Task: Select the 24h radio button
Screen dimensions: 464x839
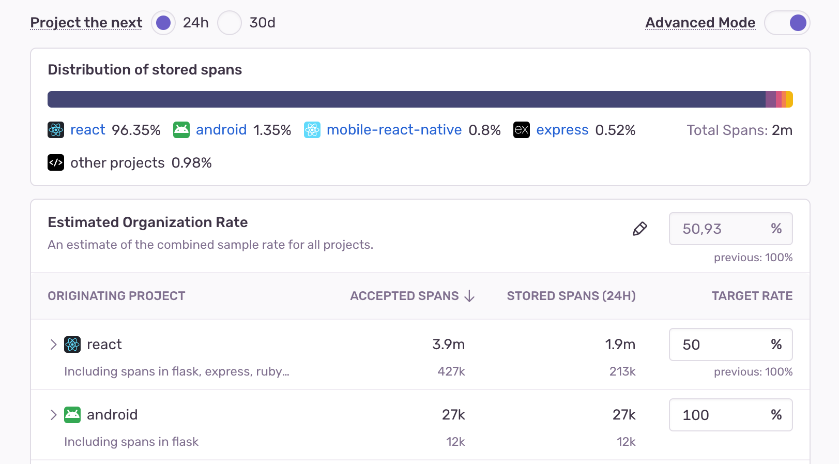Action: tap(163, 23)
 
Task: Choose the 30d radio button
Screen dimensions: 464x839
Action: tap(230, 23)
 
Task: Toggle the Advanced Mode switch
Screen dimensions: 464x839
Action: tap(787, 23)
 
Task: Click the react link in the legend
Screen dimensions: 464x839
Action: tap(87, 130)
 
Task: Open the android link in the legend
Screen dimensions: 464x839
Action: tap(221, 130)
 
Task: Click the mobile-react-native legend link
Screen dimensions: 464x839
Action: tap(394, 130)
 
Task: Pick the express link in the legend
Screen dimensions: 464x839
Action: tap(562, 130)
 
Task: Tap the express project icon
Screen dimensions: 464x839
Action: tap(521, 130)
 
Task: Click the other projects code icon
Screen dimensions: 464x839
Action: tap(56, 162)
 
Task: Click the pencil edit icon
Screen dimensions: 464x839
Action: tap(639, 229)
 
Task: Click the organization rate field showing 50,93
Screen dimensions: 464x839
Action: tap(724, 229)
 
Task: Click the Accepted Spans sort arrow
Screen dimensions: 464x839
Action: tap(469, 296)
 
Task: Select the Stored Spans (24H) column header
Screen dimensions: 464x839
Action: tap(571, 296)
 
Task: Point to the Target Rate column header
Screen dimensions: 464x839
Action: tap(752, 296)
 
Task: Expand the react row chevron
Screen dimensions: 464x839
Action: tap(53, 345)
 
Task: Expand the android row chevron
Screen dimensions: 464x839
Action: tap(53, 415)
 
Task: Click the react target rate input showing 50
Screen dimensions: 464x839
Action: tap(724, 345)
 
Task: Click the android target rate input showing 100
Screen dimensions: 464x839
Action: tap(724, 415)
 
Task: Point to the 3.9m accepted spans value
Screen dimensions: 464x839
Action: tap(448, 345)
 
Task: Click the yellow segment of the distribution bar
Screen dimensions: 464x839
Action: tap(789, 99)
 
